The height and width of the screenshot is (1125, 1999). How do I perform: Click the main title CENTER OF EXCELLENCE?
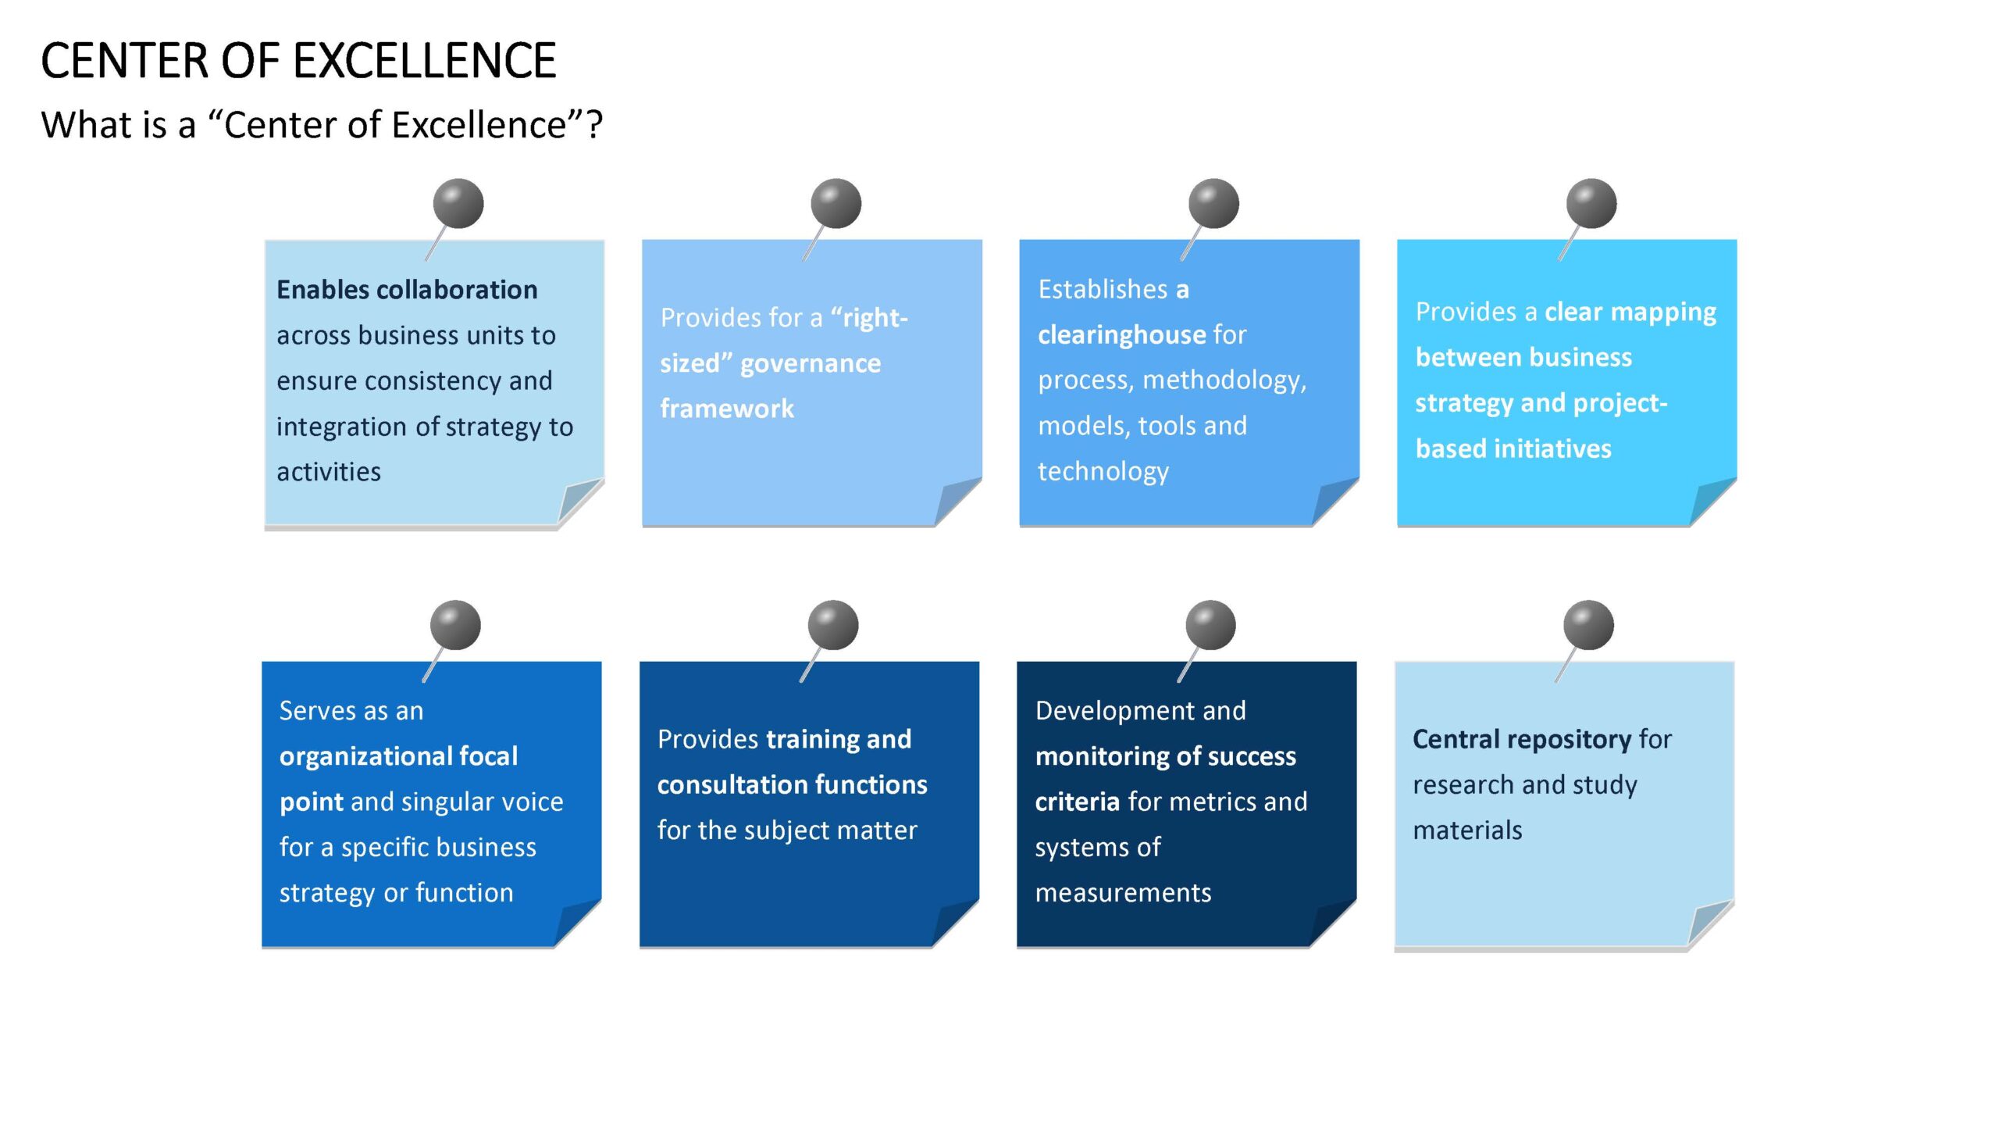(x=298, y=61)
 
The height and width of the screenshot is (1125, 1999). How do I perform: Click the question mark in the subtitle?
(x=594, y=125)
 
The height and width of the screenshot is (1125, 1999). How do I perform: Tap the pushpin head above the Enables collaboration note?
(x=458, y=204)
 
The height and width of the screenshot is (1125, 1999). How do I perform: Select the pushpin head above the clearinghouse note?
(x=1213, y=204)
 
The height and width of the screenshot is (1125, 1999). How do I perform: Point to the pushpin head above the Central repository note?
(x=1588, y=625)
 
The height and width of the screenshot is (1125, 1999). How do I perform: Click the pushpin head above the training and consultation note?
(x=833, y=625)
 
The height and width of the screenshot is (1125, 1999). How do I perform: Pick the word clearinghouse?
(x=1121, y=335)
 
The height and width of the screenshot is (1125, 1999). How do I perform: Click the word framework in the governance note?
(x=727, y=409)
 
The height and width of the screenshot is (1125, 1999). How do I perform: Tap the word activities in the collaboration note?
(x=329, y=472)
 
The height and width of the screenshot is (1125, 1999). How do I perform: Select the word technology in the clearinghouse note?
(x=1103, y=472)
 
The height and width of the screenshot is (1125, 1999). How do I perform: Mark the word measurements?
(x=1123, y=893)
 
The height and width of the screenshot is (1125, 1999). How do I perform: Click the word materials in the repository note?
(x=1467, y=830)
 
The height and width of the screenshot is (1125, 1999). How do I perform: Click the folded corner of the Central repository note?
(x=1706, y=924)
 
